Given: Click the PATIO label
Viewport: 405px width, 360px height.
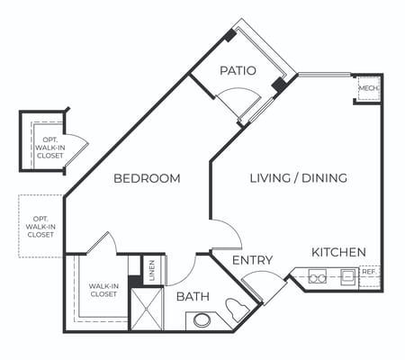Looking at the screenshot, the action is click(238, 71).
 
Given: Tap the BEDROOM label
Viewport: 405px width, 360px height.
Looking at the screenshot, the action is click(147, 178).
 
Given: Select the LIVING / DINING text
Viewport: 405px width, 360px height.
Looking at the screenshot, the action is click(299, 178).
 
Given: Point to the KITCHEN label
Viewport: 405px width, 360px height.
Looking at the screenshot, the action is click(338, 252).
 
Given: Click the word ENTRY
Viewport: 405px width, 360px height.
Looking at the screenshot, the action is click(253, 260).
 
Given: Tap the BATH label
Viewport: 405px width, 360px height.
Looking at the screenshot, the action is click(193, 296).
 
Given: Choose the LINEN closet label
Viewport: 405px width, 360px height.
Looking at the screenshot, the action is click(152, 270).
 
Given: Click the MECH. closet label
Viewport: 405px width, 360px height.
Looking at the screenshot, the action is click(369, 88).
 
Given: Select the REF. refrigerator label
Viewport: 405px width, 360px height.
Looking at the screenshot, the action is click(369, 272).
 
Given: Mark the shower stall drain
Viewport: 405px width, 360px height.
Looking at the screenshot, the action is click(146, 308).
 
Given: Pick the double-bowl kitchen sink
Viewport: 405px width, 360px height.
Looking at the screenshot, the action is click(318, 276).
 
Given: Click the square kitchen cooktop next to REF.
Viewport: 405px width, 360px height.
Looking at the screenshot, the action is click(349, 277).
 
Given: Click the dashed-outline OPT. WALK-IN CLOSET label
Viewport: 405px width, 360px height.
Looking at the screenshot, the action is click(40, 227).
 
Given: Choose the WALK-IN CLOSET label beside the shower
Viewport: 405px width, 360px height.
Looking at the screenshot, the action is click(103, 290).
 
